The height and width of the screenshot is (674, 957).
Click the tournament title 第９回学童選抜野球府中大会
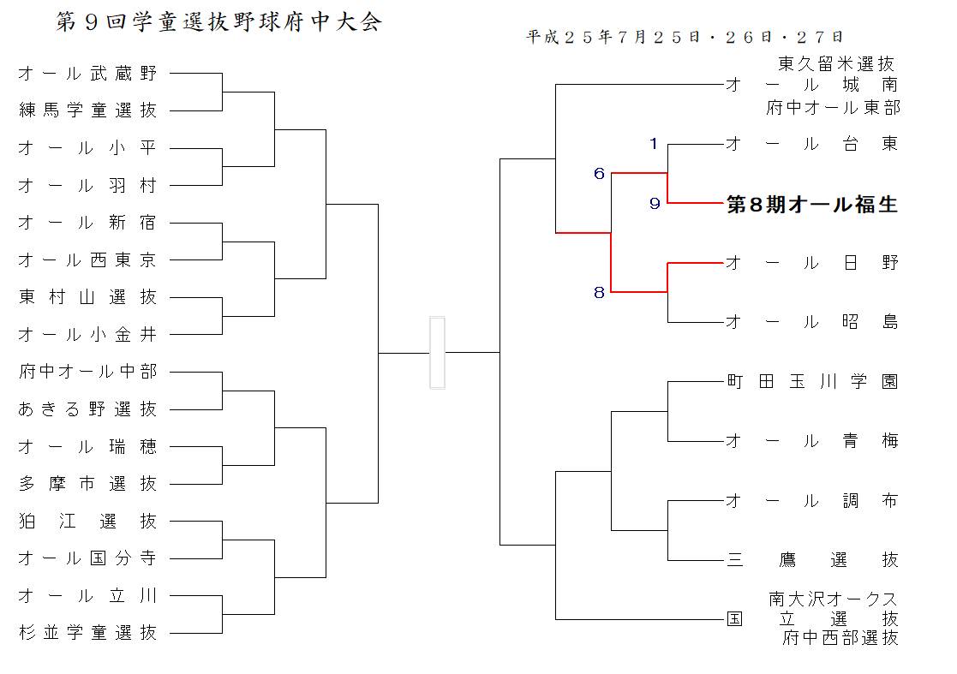(x=219, y=22)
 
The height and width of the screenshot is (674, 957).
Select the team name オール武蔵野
(x=88, y=74)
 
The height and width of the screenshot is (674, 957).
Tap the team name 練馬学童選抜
(x=88, y=110)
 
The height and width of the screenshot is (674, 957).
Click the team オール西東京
(x=88, y=260)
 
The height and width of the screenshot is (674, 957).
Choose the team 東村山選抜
(x=88, y=297)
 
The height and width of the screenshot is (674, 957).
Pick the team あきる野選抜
(x=88, y=409)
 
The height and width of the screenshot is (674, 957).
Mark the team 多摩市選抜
(x=88, y=484)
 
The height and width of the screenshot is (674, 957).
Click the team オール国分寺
(x=88, y=558)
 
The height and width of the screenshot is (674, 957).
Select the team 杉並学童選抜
(x=88, y=633)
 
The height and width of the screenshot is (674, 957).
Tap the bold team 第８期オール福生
(x=811, y=205)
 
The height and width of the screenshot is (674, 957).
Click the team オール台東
(x=811, y=144)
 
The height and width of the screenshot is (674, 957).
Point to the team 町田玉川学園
(x=811, y=382)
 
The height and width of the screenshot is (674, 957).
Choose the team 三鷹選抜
(x=811, y=560)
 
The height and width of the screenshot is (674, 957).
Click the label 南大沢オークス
(x=833, y=599)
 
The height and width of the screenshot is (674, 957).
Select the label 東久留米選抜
(x=836, y=63)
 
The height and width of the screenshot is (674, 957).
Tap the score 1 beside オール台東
(x=654, y=144)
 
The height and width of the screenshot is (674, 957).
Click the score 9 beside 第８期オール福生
(x=655, y=204)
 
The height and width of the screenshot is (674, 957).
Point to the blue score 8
(x=600, y=293)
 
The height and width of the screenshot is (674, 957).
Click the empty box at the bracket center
(x=437, y=353)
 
